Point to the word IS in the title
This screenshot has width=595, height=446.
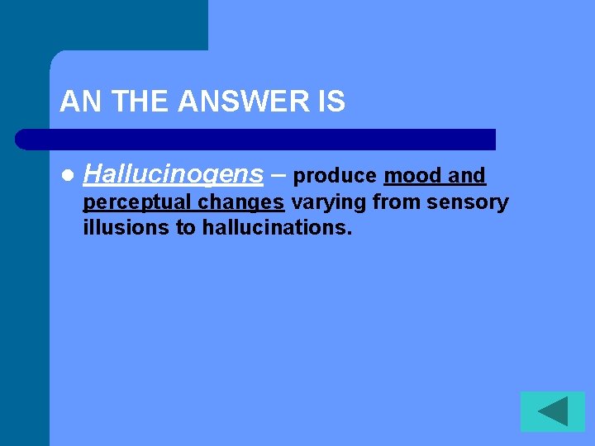pyautogui.click(x=330, y=102)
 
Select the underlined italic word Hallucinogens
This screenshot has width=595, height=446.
pyautogui.click(x=174, y=175)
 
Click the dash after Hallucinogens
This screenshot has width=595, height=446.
pyautogui.click(x=278, y=175)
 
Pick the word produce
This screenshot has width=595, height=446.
pyautogui.click(x=336, y=177)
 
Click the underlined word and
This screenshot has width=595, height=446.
pyautogui.click(x=467, y=177)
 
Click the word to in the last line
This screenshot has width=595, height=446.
pyautogui.click(x=187, y=228)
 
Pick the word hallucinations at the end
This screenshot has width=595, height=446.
pyautogui.click(x=277, y=228)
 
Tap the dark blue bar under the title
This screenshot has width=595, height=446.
pyautogui.click(x=256, y=139)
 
